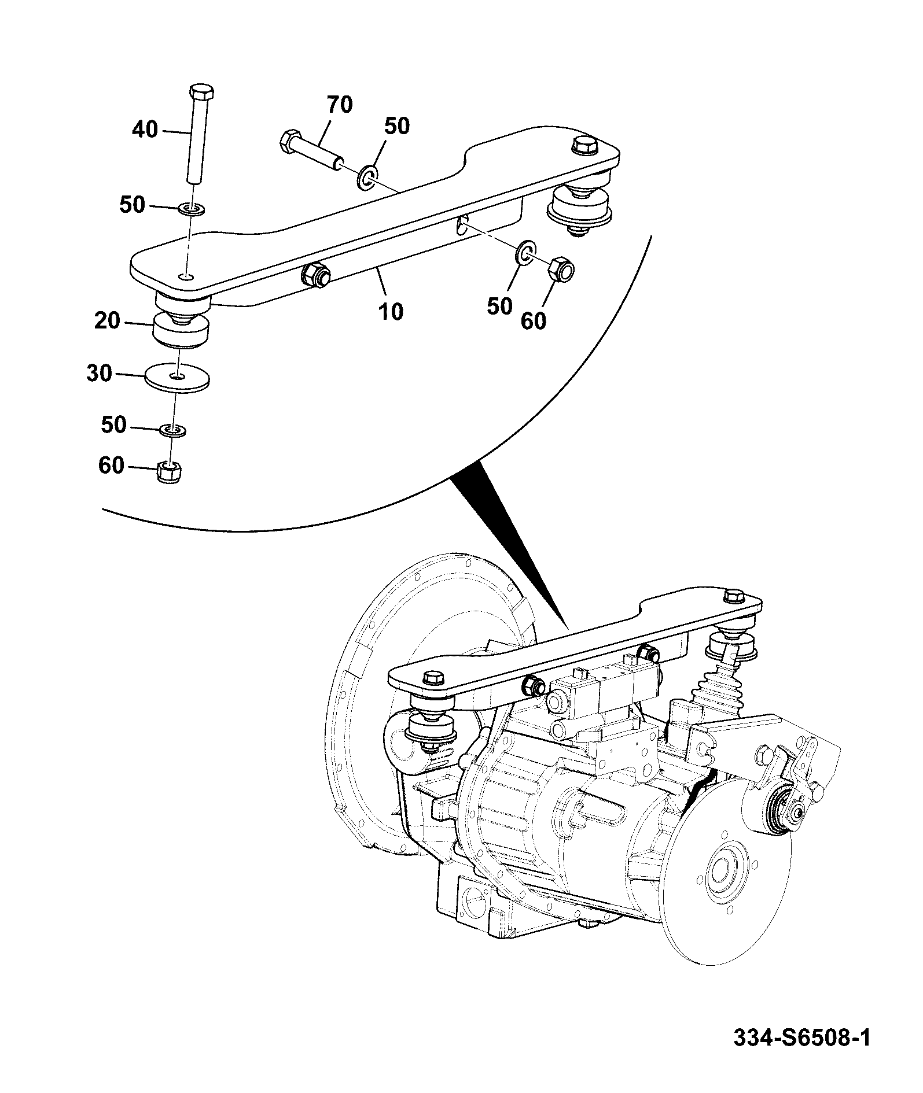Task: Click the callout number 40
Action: pyautogui.click(x=145, y=130)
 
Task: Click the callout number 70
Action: pyautogui.click(x=340, y=105)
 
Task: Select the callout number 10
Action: pyautogui.click(x=391, y=312)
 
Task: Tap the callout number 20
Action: pyautogui.click(x=107, y=320)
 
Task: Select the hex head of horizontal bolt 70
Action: pyautogui.click(x=290, y=142)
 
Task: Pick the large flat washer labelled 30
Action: pyautogui.click(x=176, y=377)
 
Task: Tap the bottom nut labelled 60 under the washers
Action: pyautogui.click(x=168, y=472)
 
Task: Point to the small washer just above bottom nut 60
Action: pyautogui.click(x=172, y=430)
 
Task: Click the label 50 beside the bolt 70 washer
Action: pyautogui.click(x=396, y=126)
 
